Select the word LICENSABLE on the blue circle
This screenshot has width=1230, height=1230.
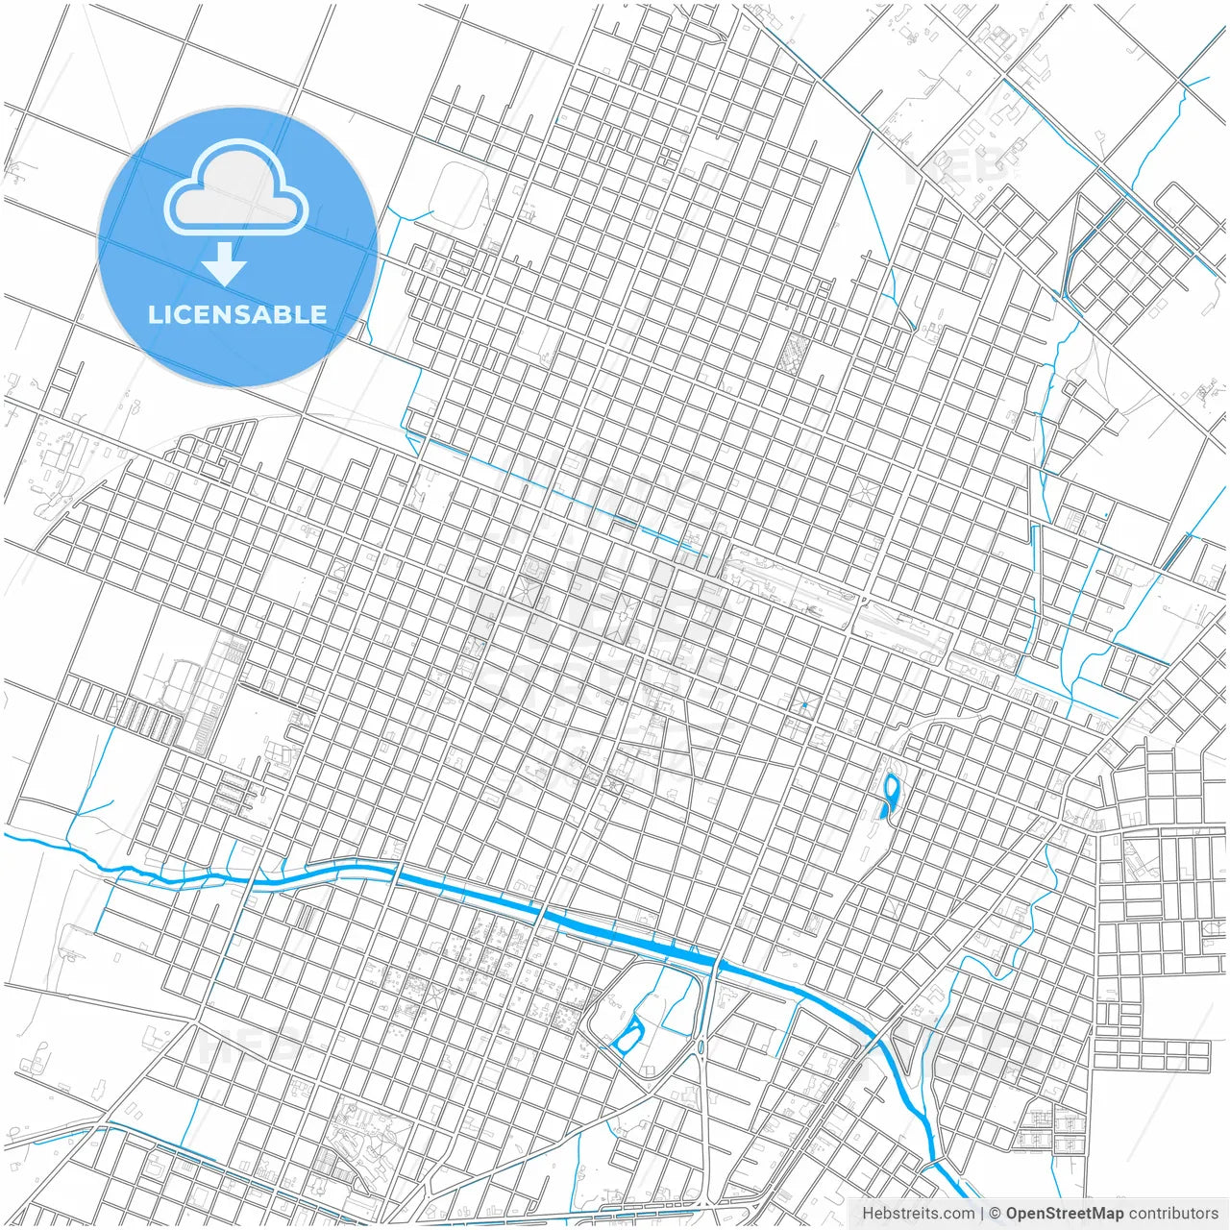coord(237,314)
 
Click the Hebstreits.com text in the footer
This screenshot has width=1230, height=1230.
coord(918,1214)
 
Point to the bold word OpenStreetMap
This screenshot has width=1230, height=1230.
coord(1065,1214)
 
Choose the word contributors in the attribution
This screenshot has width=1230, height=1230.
coord(1173,1214)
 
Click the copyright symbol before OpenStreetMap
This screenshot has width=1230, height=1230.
coord(996,1214)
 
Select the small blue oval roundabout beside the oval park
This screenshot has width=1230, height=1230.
coord(701,1045)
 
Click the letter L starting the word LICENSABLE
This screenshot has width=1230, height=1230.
coord(154,314)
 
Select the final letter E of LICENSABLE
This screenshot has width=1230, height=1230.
coord(318,314)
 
